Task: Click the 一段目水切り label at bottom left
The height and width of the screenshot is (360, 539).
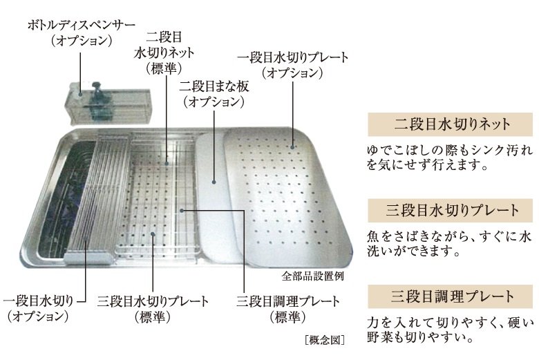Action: pos(44,309)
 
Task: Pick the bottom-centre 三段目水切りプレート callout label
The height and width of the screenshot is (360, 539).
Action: pos(154,309)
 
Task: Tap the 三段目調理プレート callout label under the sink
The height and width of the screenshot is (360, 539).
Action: pos(288,309)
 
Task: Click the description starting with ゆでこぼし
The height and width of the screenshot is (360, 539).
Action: pos(449,158)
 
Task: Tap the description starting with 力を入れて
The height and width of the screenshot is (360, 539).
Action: pos(449,330)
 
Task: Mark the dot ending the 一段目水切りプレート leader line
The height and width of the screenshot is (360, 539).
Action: pos(292,146)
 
